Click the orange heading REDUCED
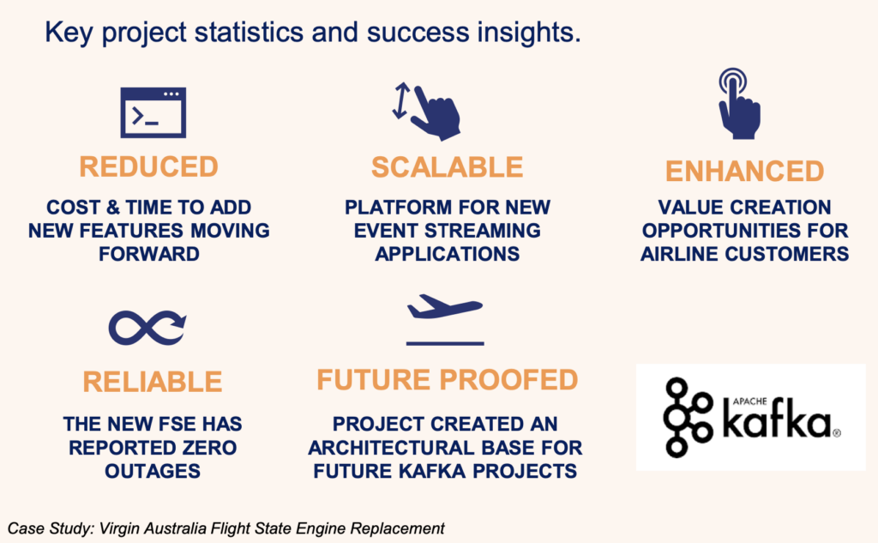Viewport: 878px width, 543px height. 148,166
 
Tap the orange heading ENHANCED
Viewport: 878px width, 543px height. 744,171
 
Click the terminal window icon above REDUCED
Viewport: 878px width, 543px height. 153,112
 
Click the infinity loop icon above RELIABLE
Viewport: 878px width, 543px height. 147,327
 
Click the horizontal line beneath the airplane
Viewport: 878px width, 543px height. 444,343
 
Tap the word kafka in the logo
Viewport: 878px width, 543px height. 775,420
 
